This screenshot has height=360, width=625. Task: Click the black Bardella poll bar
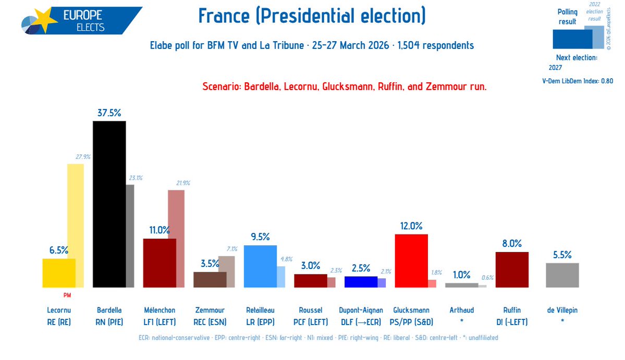click(x=109, y=204)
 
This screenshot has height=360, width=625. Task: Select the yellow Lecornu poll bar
click(x=58, y=272)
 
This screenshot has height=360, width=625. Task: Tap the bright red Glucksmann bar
click(x=411, y=260)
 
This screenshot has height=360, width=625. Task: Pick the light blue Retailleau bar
click(x=260, y=266)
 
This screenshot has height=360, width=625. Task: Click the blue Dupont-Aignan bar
click(x=361, y=281)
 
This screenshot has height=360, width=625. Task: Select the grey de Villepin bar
click(x=562, y=275)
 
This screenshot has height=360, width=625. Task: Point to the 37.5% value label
click(x=109, y=113)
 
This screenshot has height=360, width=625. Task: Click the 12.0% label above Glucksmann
click(x=411, y=226)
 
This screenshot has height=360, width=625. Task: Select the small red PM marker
click(x=67, y=295)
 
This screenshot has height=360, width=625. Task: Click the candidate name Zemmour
click(x=210, y=310)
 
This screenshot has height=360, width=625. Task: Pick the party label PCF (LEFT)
click(x=311, y=322)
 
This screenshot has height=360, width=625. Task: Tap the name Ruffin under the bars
click(x=512, y=310)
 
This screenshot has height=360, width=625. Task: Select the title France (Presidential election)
click(x=312, y=16)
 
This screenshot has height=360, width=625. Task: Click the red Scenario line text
click(x=344, y=86)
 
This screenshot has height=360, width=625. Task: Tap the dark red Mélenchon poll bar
click(x=160, y=263)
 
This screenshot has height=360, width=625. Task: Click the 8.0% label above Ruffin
click(x=512, y=243)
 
